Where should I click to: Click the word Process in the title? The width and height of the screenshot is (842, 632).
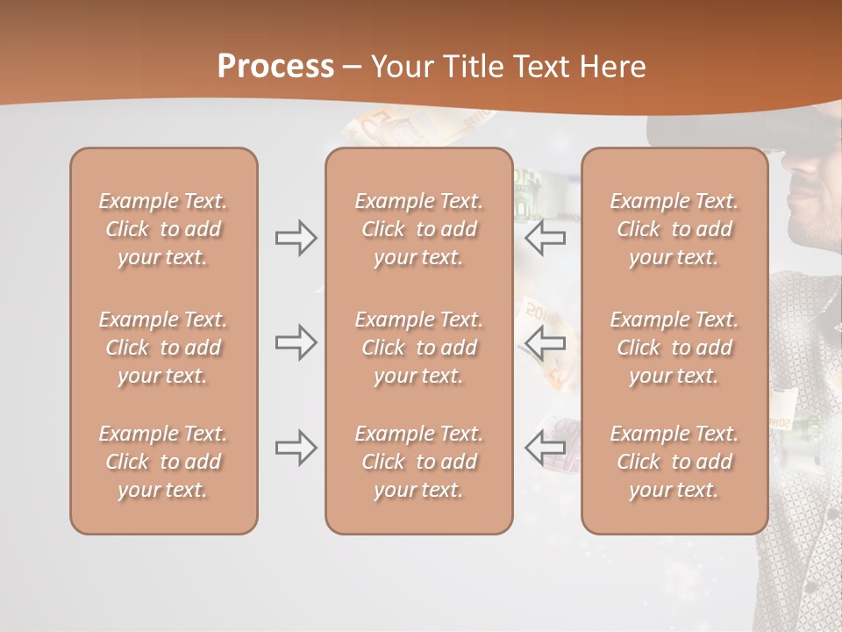tap(275, 67)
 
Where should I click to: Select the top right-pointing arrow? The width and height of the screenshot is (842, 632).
tap(296, 237)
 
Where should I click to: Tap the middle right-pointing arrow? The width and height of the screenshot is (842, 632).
tap(296, 342)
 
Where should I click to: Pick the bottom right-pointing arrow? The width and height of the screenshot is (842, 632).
tap(296, 448)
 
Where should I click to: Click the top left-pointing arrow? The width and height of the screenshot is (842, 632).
tap(546, 237)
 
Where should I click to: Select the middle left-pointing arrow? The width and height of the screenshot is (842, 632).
tap(546, 342)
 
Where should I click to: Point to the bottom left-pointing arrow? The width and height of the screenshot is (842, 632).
tap(546, 448)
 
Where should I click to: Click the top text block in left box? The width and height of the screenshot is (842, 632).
tap(163, 229)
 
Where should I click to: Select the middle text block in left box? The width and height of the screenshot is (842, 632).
tap(163, 348)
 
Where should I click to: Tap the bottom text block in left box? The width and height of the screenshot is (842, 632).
tap(163, 462)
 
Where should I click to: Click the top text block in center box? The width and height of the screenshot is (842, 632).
tap(418, 229)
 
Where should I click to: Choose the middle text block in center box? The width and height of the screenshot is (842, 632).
tap(418, 348)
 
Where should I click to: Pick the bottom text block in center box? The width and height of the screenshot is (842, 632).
tap(418, 462)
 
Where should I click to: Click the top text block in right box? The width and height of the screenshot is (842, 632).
tap(674, 229)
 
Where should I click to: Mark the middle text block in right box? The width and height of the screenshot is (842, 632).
tap(674, 348)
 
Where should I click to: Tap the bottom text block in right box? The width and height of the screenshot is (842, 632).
tap(674, 462)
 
